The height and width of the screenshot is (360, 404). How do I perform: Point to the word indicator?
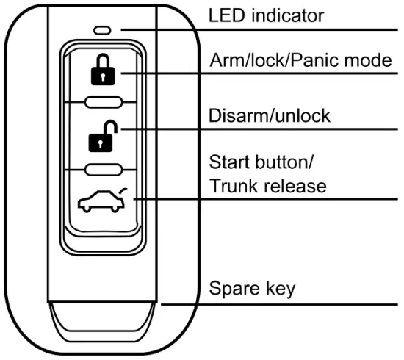279,15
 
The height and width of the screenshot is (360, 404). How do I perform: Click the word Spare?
231,288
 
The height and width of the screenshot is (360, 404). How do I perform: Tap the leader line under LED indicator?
294,30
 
